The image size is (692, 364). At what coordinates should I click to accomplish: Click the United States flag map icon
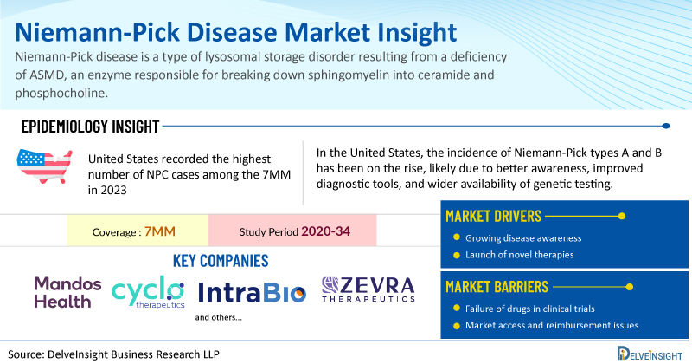tap(44, 166)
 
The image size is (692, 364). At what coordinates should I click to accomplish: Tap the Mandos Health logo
tap(67, 292)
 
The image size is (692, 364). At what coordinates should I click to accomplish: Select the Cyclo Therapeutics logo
tap(148, 292)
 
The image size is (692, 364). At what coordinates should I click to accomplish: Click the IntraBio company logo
tap(252, 292)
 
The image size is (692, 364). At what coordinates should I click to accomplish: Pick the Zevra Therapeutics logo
tap(368, 289)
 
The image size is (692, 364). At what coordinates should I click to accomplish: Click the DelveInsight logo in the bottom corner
tap(650, 354)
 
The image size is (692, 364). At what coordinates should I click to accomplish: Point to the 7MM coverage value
tap(160, 231)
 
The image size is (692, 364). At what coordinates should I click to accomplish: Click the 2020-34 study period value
tap(326, 231)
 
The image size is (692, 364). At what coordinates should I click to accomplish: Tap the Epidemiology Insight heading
tap(90, 127)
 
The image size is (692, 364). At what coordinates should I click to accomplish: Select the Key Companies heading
tap(221, 261)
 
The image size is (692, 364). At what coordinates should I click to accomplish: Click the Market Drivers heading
tap(493, 217)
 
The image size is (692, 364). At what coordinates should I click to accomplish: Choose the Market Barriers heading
tap(497, 287)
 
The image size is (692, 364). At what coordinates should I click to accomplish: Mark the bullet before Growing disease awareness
tap(457, 237)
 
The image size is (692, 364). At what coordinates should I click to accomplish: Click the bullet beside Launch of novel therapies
tap(457, 255)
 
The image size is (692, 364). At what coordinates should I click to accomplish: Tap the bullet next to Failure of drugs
tap(457, 309)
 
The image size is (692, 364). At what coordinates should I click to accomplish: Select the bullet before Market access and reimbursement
tap(457, 326)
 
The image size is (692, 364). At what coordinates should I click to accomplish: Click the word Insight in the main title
tap(417, 33)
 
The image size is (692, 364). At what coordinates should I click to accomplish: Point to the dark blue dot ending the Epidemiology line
tap(666, 126)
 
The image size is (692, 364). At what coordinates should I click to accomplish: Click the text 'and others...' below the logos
tap(219, 317)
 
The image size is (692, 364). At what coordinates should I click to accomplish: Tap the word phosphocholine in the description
tap(61, 94)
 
